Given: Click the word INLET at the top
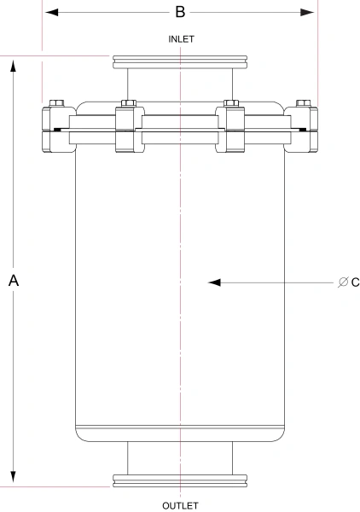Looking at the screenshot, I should pos(180,39).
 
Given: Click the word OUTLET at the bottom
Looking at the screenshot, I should pos(180,505).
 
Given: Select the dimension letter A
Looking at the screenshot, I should pos(14,281).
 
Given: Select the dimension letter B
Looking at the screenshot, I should pos(180,12).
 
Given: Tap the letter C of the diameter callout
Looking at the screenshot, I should pos(355,282).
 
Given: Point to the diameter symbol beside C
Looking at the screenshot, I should pos(342,282).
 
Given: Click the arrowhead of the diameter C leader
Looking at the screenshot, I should pos(216,282).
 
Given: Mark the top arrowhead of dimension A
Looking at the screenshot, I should pos(14,64).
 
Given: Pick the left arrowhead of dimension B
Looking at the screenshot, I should pos(51,12).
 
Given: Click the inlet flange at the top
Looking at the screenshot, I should pos(180,62).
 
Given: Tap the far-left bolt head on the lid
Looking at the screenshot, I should pos(57,104).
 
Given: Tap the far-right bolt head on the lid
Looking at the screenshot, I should pos(303,104).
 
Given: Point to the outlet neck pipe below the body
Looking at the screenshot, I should pos(180,457).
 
